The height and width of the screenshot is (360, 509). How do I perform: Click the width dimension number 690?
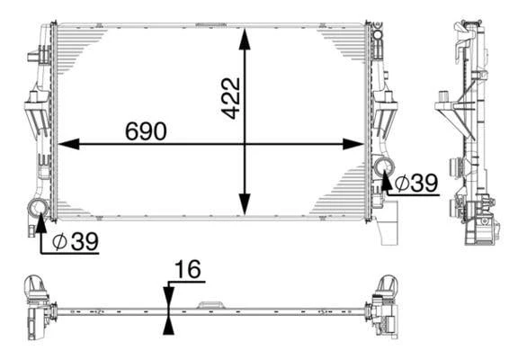click(146, 131)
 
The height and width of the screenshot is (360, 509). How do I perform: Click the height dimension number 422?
click(231, 98)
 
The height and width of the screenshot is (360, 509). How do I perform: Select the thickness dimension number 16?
click(188, 269)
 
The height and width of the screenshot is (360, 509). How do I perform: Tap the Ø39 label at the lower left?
click(76, 241)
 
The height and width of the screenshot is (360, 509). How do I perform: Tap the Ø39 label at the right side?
click(416, 183)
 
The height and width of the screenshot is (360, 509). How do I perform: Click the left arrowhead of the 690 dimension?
click(68, 144)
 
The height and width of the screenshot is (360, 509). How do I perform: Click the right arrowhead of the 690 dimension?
click(353, 144)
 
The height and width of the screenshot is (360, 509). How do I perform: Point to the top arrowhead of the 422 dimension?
click(245, 40)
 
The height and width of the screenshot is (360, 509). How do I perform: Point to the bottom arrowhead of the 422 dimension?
click(245, 204)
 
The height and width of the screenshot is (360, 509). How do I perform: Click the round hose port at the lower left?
click(39, 208)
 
